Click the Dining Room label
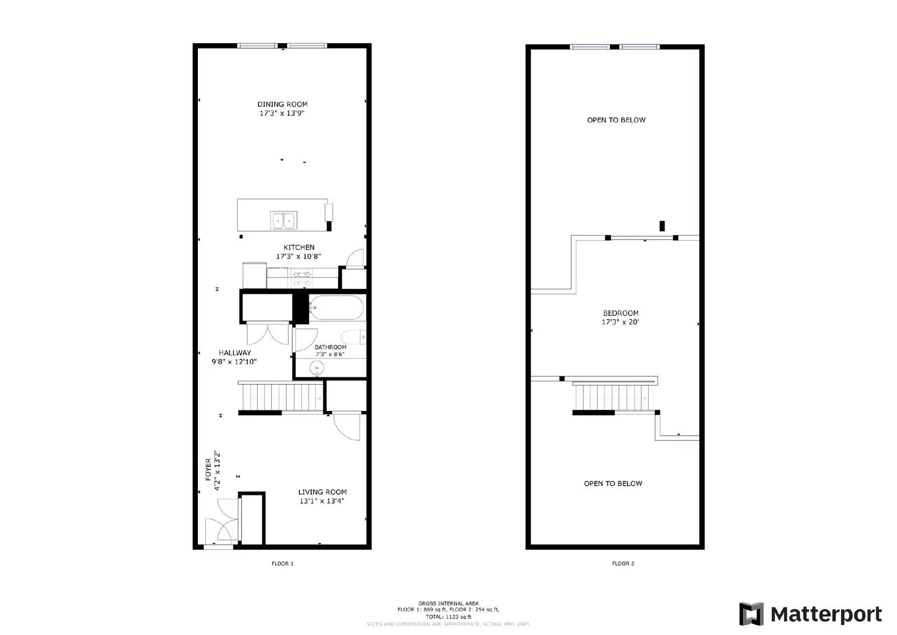282,104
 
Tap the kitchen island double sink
284,220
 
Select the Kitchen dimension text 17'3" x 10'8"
298,256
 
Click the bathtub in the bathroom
336,307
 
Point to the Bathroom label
330,347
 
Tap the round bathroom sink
317,369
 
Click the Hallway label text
235,353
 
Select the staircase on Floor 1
281,397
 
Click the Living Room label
322,492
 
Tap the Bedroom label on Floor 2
621,313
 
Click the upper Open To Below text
616,120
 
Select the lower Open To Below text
613,484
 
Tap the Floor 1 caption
283,564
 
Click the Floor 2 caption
623,564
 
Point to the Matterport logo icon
751,614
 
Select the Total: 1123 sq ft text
448,616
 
